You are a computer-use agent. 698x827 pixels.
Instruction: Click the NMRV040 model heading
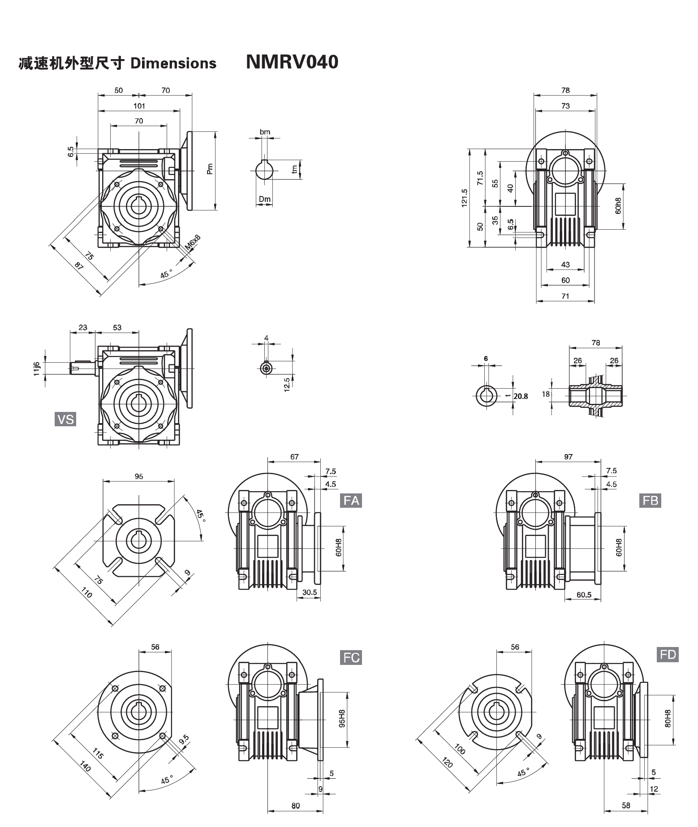[292, 62]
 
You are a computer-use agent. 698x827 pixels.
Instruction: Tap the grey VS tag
[65, 419]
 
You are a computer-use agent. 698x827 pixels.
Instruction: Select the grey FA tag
[351, 500]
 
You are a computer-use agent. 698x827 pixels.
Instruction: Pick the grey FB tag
[650, 500]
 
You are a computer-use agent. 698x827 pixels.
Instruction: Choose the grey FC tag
[351, 658]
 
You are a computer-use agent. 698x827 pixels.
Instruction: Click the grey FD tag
[668, 655]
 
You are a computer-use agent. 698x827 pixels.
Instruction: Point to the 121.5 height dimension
[465, 197]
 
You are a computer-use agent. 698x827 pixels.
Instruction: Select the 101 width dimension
[139, 106]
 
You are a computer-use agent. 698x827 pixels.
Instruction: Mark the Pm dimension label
[210, 169]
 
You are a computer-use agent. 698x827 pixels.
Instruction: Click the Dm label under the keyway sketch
[264, 199]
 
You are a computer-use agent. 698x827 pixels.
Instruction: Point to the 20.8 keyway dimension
[521, 396]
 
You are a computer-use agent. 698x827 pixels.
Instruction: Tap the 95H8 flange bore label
[341, 719]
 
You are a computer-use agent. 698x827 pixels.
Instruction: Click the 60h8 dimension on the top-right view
[618, 206]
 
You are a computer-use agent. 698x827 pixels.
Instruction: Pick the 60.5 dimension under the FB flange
[584, 595]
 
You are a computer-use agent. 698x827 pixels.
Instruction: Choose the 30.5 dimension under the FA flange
[309, 592]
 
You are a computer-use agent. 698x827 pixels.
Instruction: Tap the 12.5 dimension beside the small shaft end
[286, 384]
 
